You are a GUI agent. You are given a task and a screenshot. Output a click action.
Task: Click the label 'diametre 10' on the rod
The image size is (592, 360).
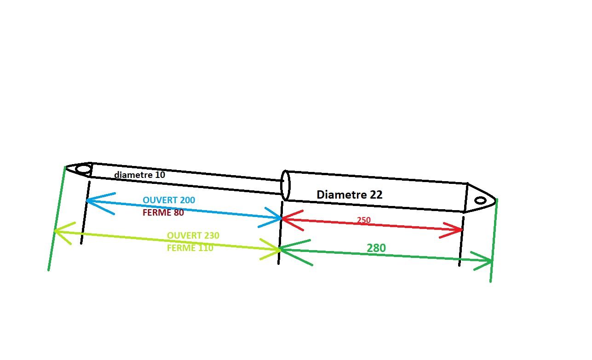click(x=139, y=175)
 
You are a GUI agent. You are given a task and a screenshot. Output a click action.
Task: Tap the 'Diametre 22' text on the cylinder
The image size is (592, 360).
click(x=350, y=194)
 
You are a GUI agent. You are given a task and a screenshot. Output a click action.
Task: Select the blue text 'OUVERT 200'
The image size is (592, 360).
click(x=169, y=200)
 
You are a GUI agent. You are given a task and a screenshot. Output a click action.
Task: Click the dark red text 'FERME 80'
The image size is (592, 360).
click(x=163, y=212)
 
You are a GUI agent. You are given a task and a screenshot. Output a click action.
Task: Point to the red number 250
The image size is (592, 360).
click(x=364, y=220)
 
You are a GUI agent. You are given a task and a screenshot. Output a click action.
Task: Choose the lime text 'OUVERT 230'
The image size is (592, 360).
click(x=193, y=235)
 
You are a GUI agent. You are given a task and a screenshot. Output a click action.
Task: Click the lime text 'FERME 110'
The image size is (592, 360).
click(x=190, y=248)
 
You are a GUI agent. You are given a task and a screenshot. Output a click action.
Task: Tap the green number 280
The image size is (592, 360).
click(x=376, y=248)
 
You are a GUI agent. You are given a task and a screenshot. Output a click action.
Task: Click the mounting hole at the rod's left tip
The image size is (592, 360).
click(x=83, y=169)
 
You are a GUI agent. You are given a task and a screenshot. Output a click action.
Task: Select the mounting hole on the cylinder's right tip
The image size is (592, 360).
click(x=480, y=200)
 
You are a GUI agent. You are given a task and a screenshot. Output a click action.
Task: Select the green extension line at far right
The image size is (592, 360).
click(x=494, y=240)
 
